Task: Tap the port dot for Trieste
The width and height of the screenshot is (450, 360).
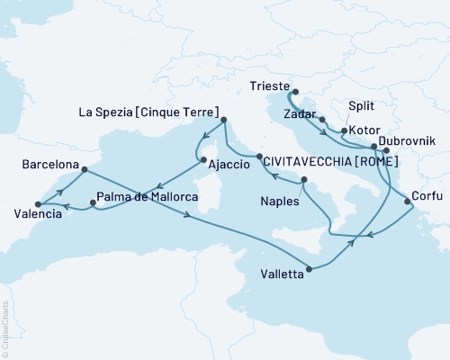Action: tap(295, 91)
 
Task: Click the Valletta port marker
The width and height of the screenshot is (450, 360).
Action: tap(310, 268)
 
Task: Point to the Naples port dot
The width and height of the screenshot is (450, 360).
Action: tap(304, 182)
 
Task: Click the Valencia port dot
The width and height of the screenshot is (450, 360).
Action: tap(37, 204)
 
